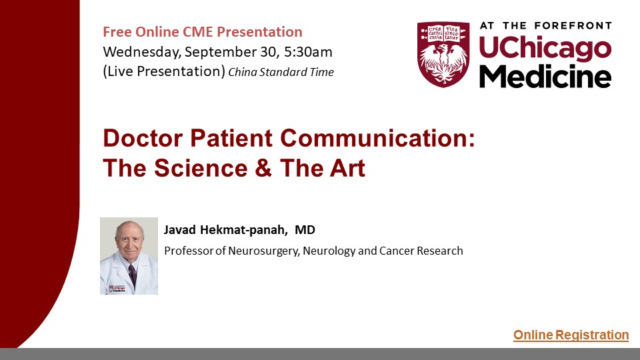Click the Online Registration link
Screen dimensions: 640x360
(x=571, y=335)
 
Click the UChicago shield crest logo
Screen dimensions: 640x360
(x=443, y=54)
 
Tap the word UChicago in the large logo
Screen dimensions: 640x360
(x=545, y=49)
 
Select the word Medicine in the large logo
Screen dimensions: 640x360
(x=545, y=76)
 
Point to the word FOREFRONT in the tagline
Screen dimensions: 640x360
(x=573, y=26)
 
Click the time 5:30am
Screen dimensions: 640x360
(x=308, y=52)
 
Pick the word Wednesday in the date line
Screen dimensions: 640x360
(x=141, y=52)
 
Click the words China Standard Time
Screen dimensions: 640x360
(x=281, y=72)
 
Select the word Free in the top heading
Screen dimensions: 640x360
(x=117, y=32)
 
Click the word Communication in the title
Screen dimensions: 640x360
(x=377, y=138)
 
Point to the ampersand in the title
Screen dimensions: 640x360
(x=263, y=168)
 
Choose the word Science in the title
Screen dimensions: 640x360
(x=201, y=168)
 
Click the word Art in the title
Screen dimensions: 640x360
(x=347, y=168)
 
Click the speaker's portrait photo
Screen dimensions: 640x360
(x=129, y=256)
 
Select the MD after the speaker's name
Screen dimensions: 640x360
(x=305, y=230)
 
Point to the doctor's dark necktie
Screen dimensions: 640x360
(x=132, y=273)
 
